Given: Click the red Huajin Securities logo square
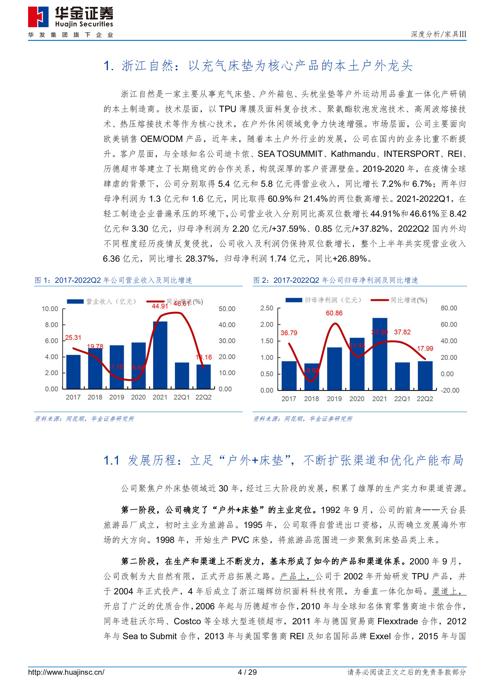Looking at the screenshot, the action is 38,17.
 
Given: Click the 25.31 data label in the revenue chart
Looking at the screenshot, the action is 73,338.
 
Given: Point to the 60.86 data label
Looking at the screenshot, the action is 334,313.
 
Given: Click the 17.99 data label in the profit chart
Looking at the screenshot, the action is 425,348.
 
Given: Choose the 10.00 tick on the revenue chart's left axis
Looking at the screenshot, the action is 50,309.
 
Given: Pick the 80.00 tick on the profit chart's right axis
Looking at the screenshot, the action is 449,308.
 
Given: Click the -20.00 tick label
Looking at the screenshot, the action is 450,390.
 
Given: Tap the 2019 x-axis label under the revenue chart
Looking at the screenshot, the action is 117,397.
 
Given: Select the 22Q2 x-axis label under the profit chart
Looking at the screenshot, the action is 425,399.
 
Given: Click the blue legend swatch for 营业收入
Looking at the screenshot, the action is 75,302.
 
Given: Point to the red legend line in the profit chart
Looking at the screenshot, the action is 379,300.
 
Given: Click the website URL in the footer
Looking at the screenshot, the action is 66,672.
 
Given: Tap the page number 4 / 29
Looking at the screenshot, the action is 247,672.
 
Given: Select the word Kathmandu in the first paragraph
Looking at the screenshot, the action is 353,154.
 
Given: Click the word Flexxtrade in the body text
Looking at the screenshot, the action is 397,621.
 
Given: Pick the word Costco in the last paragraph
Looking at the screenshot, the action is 187,621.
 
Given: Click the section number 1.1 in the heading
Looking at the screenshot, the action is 111,460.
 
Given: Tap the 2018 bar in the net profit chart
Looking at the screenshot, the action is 312,377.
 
